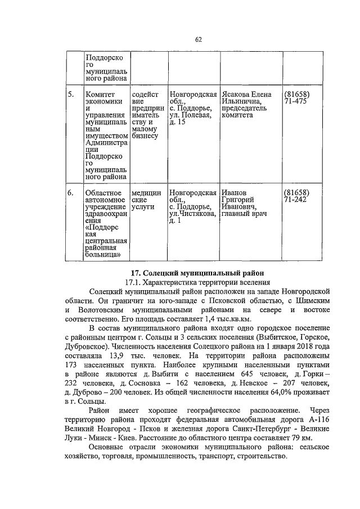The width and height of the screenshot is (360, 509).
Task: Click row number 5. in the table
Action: [70, 94]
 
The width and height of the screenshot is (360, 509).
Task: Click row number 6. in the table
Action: [70, 193]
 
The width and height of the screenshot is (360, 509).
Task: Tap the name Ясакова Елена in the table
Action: [246, 94]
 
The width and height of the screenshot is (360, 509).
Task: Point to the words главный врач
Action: [243, 214]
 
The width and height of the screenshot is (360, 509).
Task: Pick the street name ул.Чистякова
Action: [192, 214]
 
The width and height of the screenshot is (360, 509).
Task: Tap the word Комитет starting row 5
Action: [100, 94]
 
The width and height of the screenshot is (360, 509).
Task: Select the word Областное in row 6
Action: [103, 193]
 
